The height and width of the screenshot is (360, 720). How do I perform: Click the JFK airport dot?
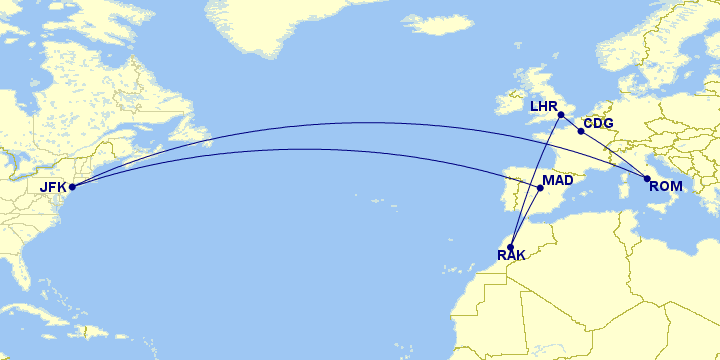pos(72,186)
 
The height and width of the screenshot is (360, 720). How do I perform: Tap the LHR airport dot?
pos(561,113)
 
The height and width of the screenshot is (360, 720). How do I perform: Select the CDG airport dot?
pos(581,131)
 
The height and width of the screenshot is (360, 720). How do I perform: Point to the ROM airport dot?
pos(647,178)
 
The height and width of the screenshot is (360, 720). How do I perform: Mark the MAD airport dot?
pos(540,187)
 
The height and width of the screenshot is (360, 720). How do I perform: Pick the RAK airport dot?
pos(511,247)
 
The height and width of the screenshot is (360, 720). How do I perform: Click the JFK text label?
pos(52,187)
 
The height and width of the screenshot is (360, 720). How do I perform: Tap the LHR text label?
pos(543,104)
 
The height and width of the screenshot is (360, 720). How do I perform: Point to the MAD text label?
pos(558,181)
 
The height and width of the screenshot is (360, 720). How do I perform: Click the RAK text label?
pos(511,259)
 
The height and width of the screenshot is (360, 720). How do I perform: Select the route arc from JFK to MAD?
pos(300,149)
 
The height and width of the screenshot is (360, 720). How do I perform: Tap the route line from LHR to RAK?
pos(536,180)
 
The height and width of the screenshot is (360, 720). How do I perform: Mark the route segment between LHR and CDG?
pos(571,122)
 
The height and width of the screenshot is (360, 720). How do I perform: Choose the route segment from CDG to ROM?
pos(614,155)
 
